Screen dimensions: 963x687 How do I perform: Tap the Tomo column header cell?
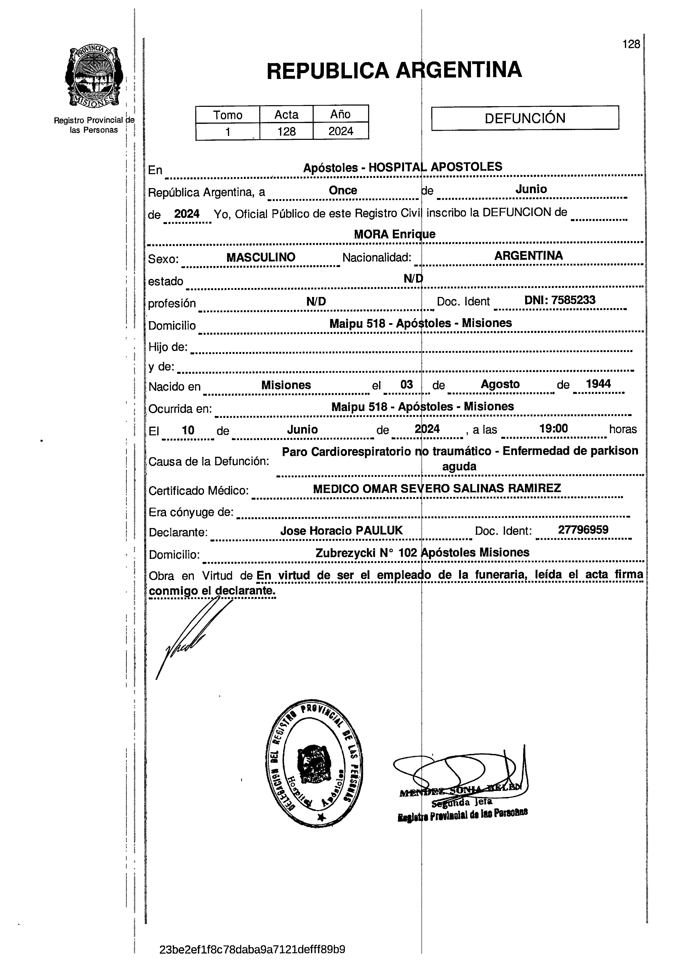[228, 115]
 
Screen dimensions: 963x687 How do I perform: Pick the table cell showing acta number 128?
[286, 132]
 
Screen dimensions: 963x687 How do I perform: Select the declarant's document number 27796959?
[583, 530]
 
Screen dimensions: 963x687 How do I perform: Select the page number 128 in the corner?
[631, 44]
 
